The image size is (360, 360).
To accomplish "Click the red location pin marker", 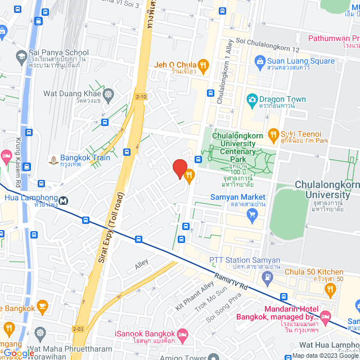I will (179, 168).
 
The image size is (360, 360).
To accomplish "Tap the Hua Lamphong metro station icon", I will (64, 199).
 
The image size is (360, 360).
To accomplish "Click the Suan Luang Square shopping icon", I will (260, 61).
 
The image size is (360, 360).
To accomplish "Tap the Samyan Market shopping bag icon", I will (252, 214).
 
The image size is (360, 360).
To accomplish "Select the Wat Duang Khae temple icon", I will (107, 94).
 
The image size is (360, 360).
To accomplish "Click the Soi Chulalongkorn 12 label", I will (269, 42).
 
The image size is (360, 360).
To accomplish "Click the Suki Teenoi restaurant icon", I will (273, 134).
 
